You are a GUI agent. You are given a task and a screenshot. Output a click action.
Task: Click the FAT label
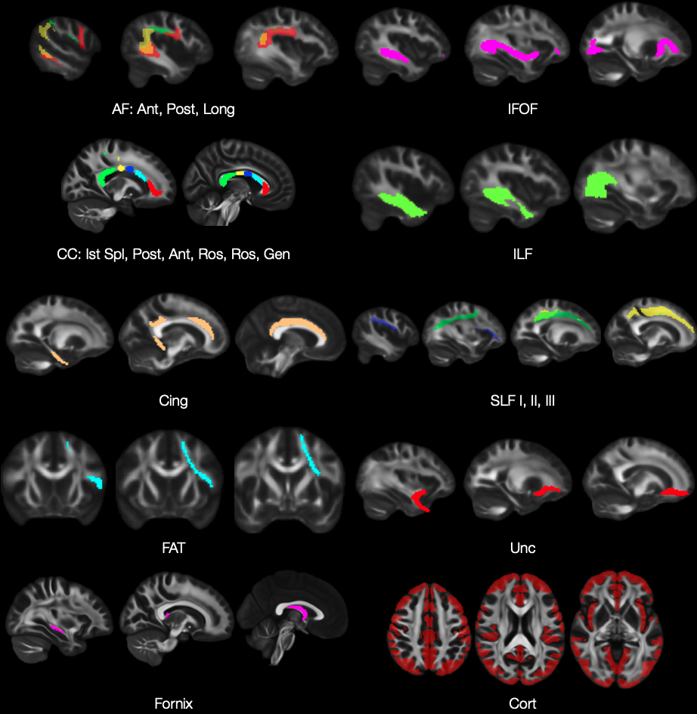pos(173,548)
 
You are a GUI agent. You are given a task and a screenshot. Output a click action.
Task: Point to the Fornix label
pos(173,703)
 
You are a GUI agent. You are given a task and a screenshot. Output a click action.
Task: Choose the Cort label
pos(522,703)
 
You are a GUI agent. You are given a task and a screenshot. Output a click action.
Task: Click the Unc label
pos(522,548)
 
